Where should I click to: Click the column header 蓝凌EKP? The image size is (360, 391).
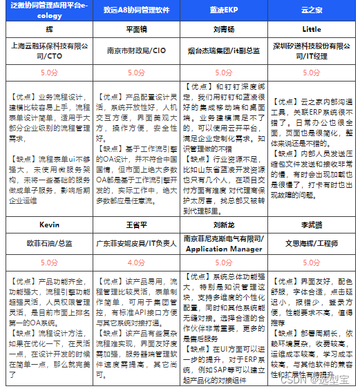coord(222,11)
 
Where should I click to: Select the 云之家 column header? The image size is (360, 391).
coord(312,11)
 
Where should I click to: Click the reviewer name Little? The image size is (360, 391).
coord(312,30)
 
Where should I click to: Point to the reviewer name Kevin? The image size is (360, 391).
coord(49,225)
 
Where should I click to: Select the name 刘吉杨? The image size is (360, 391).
coord(222,30)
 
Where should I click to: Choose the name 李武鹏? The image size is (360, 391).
coord(312,225)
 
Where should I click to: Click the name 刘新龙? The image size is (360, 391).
coord(222,225)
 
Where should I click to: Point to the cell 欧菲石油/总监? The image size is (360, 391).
coord(49,244)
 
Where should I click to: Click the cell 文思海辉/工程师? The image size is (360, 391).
coord(312,244)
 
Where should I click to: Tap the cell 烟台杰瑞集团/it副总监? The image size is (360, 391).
coord(222,50)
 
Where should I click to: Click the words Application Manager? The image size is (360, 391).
coord(222,249)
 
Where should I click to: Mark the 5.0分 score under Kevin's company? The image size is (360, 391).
coord(49,263)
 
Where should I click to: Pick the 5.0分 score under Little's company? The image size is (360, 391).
coord(312,72)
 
